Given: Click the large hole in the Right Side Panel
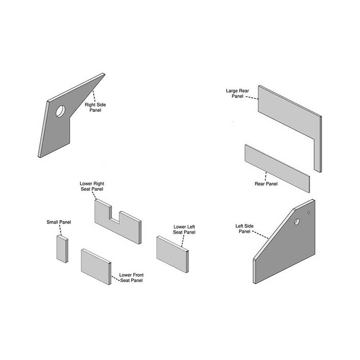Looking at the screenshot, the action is [x=60, y=111].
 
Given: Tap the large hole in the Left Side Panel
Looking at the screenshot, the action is [x=297, y=221].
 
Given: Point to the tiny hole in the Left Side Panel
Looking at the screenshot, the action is [x=309, y=213].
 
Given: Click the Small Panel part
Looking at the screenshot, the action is [x=62, y=249].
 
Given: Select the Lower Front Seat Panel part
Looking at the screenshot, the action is [x=96, y=266].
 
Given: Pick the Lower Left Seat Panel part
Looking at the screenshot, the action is [x=172, y=254].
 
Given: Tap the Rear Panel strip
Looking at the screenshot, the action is [x=277, y=168].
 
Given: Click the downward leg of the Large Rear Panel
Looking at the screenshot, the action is [x=318, y=154].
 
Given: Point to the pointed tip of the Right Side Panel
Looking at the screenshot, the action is [x=104, y=74].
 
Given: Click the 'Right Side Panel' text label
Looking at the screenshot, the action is [x=95, y=107].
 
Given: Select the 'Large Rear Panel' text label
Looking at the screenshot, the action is [x=237, y=94].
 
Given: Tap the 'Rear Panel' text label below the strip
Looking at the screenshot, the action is [x=266, y=184].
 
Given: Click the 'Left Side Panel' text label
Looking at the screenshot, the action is [x=244, y=229].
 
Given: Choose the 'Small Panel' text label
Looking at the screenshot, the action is [x=59, y=222].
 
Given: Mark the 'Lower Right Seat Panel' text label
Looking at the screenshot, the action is [x=92, y=186].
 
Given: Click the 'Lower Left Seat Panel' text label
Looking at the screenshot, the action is [x=184, y=229].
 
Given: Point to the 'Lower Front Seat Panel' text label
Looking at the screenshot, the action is [x=131, y=278].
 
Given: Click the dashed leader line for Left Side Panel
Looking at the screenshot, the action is [x=261, y=235].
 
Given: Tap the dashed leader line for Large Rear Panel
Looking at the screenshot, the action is [x=252, y=98].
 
